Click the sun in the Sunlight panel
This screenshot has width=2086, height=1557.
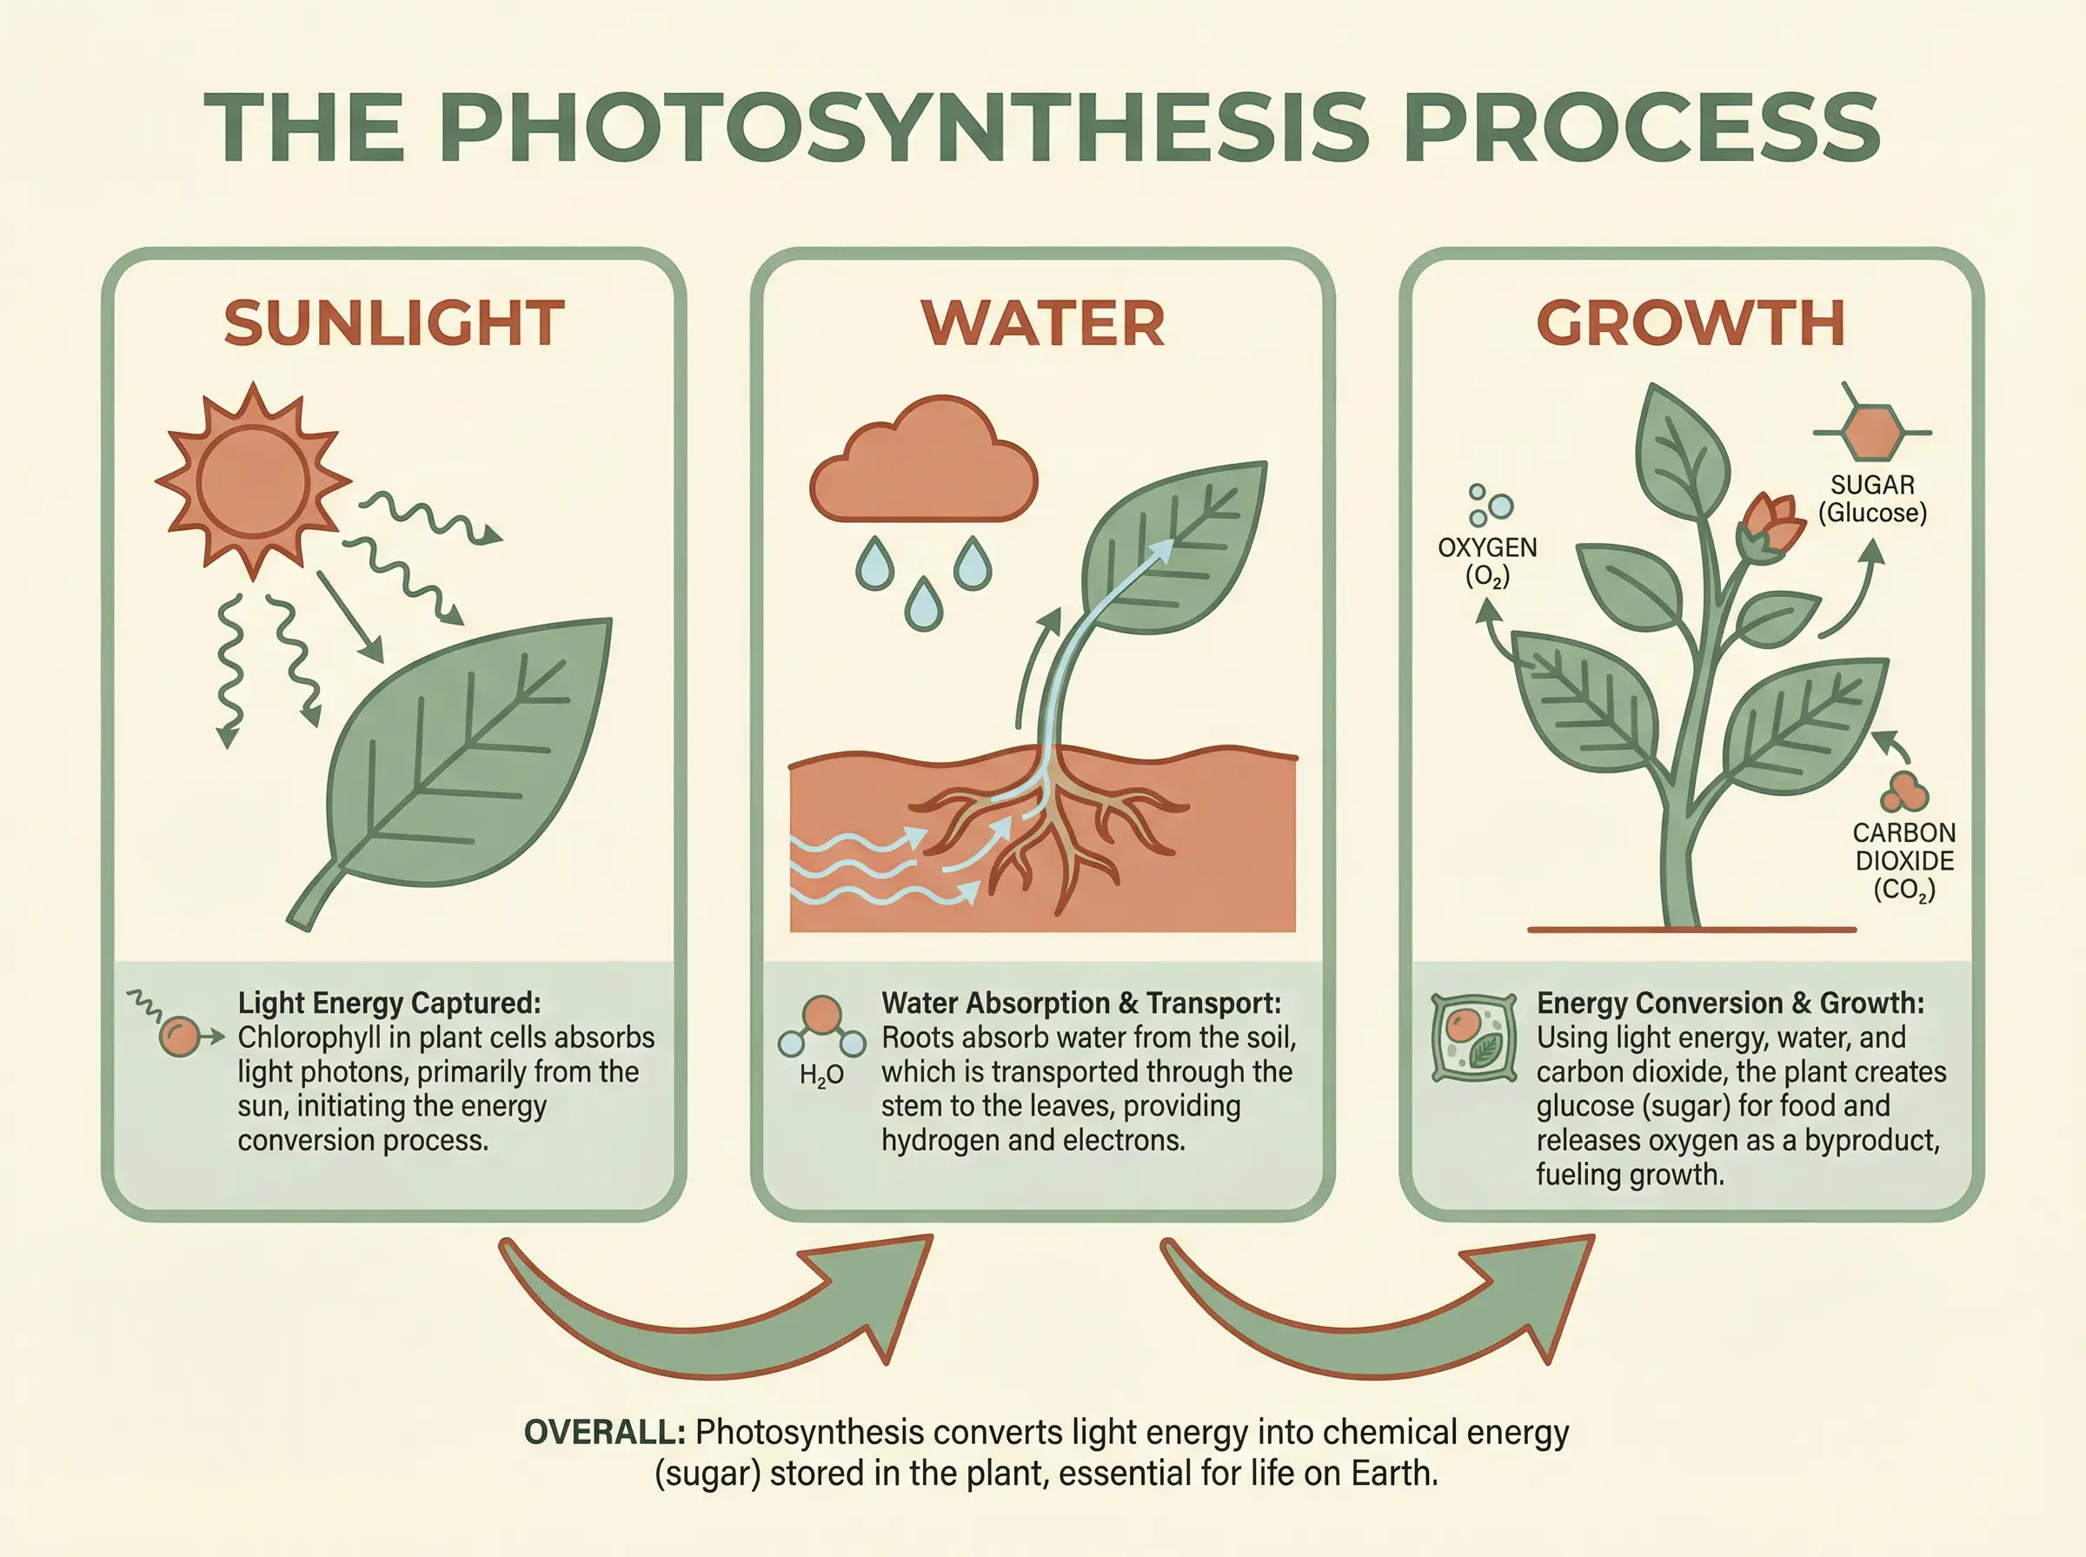tap(253, 480)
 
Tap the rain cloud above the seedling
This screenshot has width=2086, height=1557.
tap(923, 460)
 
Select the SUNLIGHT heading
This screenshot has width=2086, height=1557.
tap(394, 323)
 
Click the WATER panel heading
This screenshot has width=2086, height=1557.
tap(1042, 323)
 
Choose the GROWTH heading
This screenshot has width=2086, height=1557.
tap(1691, 323)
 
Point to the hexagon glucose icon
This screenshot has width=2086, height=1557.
tap(1872, 433)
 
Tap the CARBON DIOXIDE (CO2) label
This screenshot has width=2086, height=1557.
tap(1904, 861)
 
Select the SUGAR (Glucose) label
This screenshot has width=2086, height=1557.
tap(1872, 499)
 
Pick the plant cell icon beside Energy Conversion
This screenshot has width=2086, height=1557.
tap(1474, 1037)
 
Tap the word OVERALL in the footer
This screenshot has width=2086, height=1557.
tap(604, 1433)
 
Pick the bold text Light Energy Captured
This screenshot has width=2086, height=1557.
tap(389, 1003)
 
